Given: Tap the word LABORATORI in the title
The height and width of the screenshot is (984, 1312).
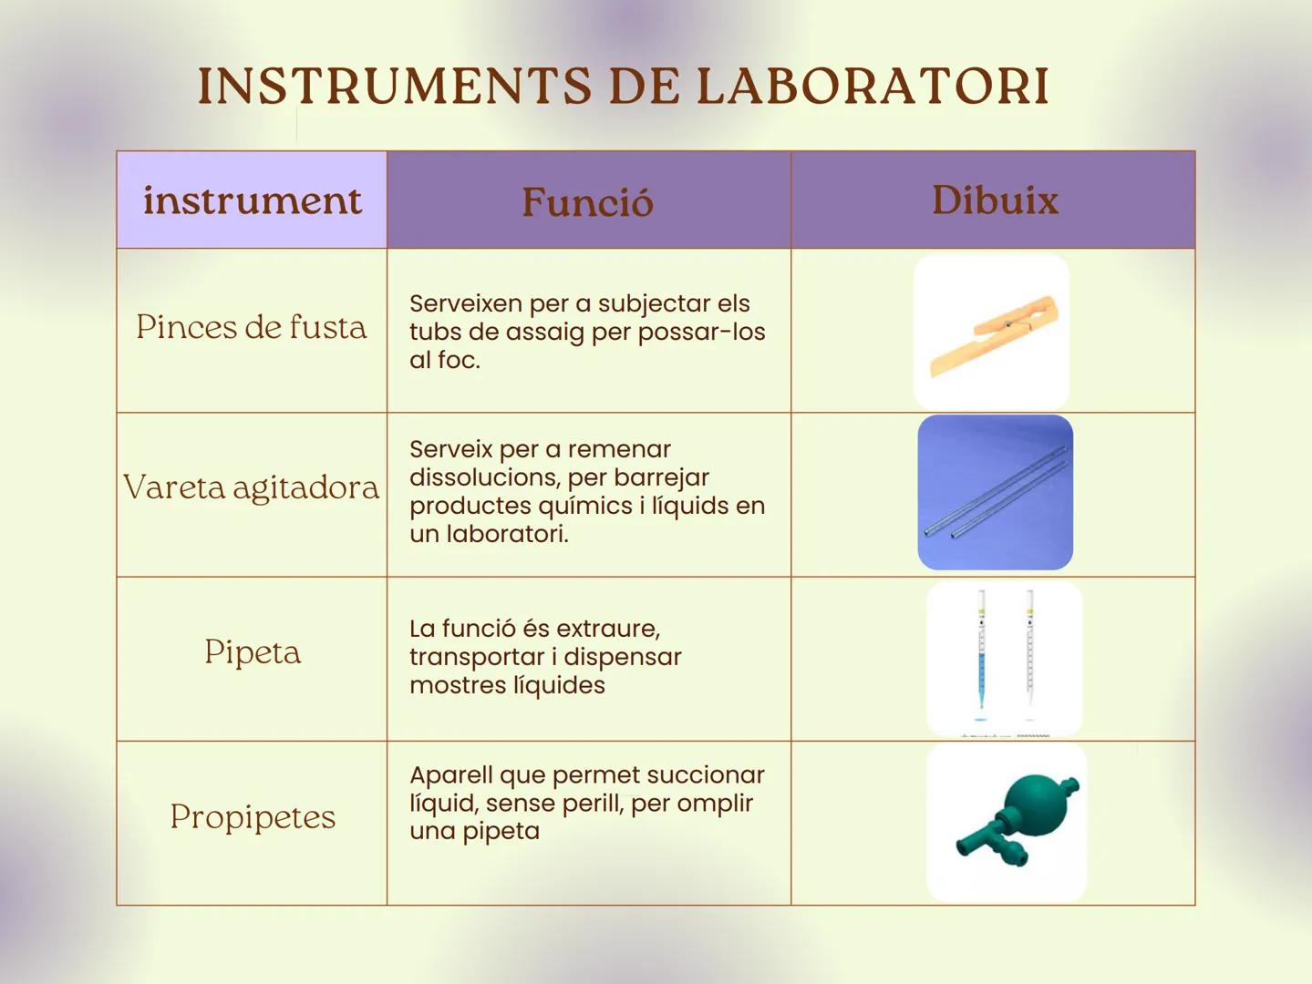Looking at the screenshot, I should [873, 87].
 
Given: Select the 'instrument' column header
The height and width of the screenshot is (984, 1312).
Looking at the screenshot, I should [252, 200].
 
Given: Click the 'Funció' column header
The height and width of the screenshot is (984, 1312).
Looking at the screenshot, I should [588, 201].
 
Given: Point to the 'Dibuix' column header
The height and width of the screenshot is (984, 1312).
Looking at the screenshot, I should [995, 200].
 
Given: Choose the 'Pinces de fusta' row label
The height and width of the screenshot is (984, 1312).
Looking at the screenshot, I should [252, 327].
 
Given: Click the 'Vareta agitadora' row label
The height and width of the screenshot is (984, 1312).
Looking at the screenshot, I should [252, 487].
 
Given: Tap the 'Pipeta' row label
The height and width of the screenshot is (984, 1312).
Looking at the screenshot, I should [253, 652].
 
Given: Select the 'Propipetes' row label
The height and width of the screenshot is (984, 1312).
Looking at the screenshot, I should [253, 817].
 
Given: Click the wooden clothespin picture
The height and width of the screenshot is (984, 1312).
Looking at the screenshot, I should [992, 333].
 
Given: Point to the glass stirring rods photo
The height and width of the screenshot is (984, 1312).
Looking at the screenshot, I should [995, 493].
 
